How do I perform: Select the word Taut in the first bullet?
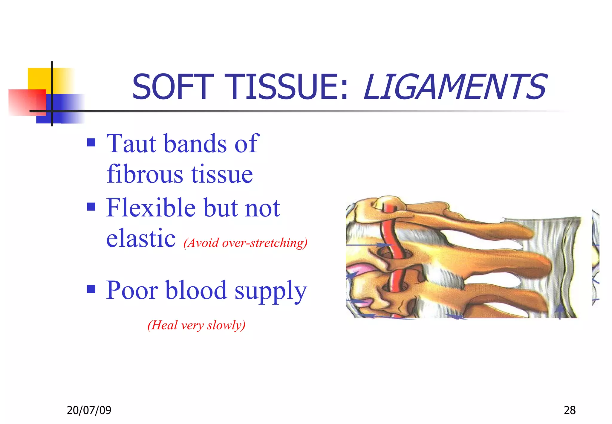point(131,144)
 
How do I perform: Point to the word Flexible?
point(151,208)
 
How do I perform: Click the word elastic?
point(141,239)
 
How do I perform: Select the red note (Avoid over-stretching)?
point(245,242)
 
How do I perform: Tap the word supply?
point(270,292)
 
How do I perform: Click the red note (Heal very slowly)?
point(196,325)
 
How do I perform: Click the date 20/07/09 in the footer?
point(89,410)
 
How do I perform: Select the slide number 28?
point(569,410)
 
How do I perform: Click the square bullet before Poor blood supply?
point(91,289)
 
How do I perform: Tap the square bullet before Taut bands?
point(91,143)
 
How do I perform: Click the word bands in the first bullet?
point(195,144)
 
